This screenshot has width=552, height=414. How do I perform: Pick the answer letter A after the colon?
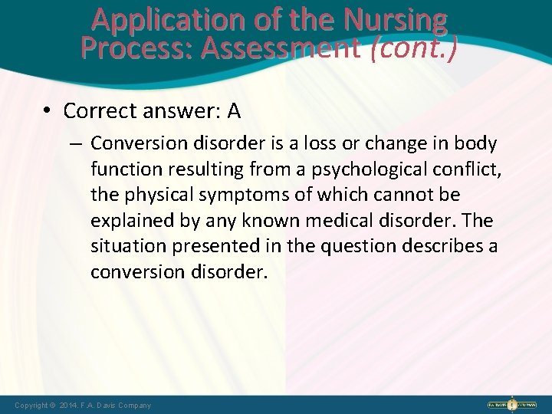coord(233,112)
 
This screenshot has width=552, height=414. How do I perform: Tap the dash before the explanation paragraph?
coord(77,144)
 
